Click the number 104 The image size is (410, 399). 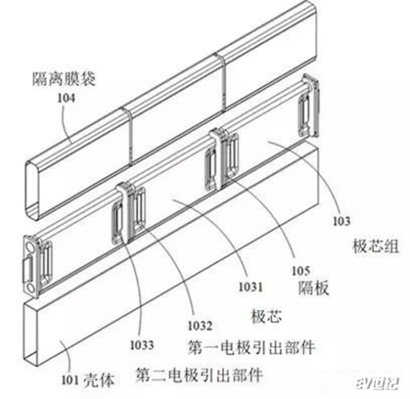tap(66, 98)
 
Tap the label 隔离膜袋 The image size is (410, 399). tap(64, 79)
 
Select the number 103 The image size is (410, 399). tap(341, 221)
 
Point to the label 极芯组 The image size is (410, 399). tap(376, 246)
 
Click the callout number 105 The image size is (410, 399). tap(301, 271)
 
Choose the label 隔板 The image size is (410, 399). tap(313, 288)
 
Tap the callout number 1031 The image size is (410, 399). tap(251, 287)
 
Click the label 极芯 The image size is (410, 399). tap(266, 316)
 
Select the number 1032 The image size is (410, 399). tap(200, 326)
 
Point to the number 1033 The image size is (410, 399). tap(142, 345)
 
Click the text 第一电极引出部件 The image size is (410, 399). tap(251, 348)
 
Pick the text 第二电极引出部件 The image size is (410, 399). tap(200, 375)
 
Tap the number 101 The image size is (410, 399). tap(70, 380)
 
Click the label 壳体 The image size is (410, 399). tap(99, 380)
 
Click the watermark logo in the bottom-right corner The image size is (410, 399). tap(377, 384)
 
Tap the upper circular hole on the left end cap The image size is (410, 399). tap(29, 247)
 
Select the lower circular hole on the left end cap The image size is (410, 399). tap(31, 288)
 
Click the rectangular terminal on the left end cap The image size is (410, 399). tap(28, 268)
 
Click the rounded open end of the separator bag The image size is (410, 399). tap(32, 189)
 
